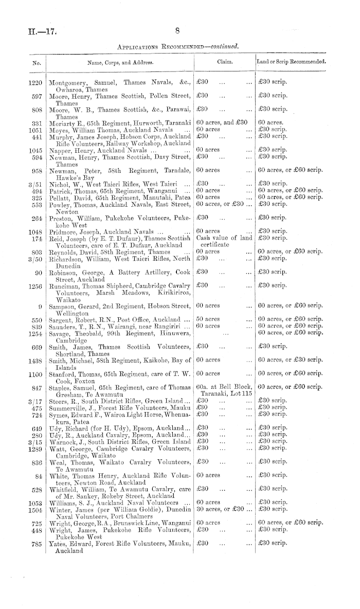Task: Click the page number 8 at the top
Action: [176, 31]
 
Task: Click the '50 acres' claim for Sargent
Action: [208, 319]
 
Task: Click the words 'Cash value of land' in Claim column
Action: [224, 238]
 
